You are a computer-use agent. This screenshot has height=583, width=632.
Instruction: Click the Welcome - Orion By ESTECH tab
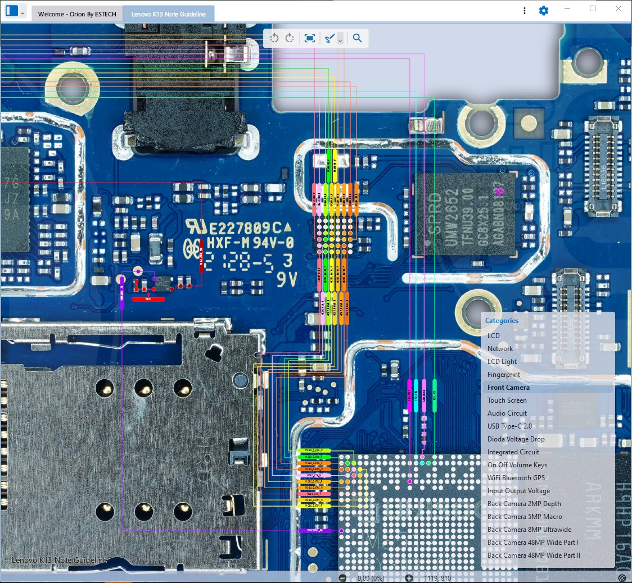[77, 14]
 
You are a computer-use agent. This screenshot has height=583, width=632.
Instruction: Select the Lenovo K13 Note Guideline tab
[169, 14]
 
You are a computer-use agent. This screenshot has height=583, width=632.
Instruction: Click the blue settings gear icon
[543, 11]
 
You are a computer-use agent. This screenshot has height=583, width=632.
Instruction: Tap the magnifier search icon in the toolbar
[357, 38]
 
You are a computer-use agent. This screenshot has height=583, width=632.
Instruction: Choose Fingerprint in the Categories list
[503, 375]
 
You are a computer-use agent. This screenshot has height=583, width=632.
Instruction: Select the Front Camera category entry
[508, 388]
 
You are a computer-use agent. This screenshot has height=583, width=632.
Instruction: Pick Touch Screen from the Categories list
[507, 400]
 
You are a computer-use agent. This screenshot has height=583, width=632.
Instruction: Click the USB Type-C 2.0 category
[509, 426]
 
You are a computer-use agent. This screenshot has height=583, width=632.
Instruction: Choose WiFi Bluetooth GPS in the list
[516, 478]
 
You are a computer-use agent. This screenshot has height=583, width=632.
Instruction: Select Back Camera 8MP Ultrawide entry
[529, 530]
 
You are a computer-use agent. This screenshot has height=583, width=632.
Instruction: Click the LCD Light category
[502, 362]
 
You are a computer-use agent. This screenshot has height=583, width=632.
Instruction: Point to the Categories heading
[502, 321]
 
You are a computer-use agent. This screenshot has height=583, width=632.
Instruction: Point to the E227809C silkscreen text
[245, 228]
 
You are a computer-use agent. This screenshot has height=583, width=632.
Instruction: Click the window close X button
[619, 9]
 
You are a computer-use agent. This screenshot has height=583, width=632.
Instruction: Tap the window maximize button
[593, 9]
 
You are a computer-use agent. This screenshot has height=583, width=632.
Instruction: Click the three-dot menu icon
[524, 11]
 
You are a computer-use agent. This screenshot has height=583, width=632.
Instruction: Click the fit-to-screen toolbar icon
[309, 38]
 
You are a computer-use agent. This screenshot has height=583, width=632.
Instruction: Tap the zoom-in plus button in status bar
[409, 578]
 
